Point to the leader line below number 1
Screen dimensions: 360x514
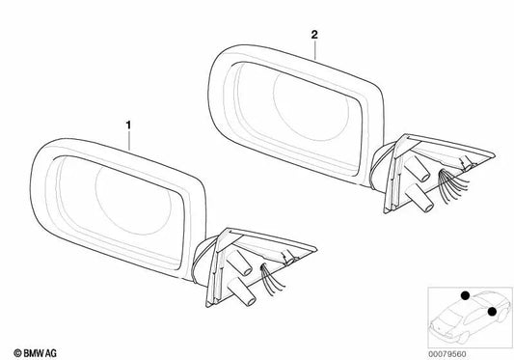coord(129,137)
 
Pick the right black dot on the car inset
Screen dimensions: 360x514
coord(493,311)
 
